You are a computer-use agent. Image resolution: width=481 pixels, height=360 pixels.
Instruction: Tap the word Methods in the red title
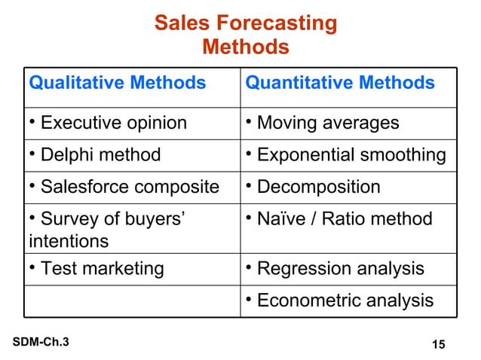246,47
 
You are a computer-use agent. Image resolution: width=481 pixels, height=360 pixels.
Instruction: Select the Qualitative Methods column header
117,83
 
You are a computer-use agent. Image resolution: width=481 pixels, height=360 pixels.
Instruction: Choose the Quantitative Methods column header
340,83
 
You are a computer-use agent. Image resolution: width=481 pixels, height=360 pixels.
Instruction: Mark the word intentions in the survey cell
69,242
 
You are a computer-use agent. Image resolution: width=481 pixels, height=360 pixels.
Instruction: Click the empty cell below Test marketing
133,301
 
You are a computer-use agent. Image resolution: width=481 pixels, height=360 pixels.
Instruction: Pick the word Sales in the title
178,23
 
